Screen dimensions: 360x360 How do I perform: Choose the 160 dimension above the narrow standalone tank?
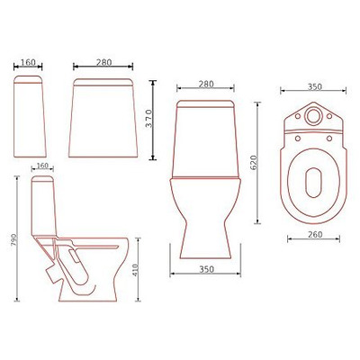[30, 64]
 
